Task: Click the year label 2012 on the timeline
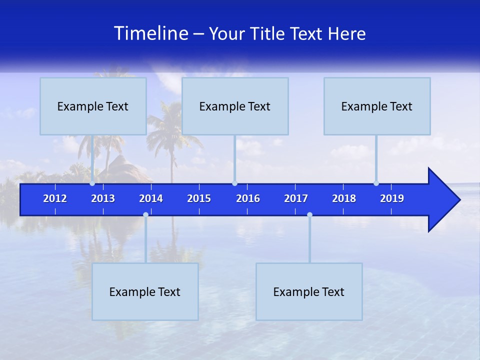pos(55,198)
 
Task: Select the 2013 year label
pos(103,198)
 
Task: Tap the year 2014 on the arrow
pos(151,198)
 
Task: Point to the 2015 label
pos(199,198)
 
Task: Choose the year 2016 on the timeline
pos(248,198)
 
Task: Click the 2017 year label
pos(296,198)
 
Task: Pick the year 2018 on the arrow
pos(344,198)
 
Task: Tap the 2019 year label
pos(392,198)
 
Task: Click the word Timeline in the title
pos(151,33)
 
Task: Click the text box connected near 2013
pos(93,106)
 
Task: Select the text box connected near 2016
pos(235,106)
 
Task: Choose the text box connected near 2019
pos(377,106)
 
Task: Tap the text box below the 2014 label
pos(145,291)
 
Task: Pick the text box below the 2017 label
pos(309,291)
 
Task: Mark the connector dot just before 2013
pos(92,183)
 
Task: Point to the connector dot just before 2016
pos(234,183)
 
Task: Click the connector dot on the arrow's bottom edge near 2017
pos(309,215)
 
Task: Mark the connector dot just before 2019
pos(376,183)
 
